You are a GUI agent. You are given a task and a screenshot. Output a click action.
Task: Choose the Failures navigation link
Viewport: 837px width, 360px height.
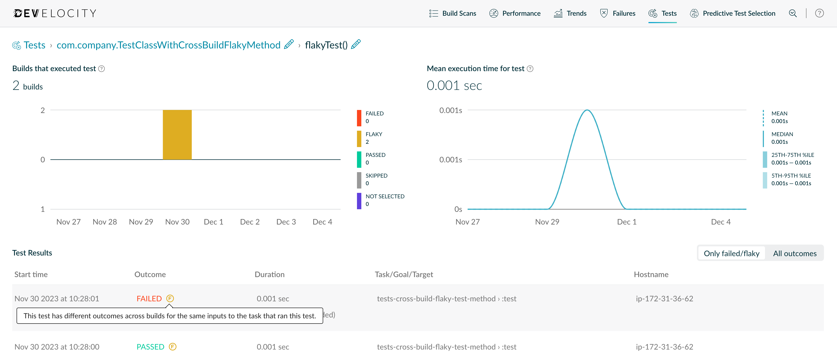[618, 13]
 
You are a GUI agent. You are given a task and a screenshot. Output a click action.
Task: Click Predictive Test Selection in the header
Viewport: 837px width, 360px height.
[733, 13]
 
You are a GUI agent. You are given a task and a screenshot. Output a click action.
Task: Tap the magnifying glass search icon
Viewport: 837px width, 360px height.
[793, 13]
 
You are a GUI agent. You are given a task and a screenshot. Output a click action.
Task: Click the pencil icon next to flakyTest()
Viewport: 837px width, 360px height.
[356, 44]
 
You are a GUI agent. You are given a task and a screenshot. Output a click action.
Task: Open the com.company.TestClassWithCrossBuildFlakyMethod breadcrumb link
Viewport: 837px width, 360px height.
[168, 45]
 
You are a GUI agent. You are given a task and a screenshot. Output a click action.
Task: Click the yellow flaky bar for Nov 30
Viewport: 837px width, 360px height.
[177, 135]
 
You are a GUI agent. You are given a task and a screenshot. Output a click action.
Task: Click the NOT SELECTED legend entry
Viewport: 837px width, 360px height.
[385, 200]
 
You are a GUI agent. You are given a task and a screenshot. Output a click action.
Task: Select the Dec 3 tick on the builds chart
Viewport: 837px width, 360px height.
[286, 222]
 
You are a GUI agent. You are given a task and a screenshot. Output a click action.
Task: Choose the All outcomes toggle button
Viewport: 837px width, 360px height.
[794, 254]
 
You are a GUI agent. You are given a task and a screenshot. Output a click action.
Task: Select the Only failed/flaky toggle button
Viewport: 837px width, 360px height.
[731, 254]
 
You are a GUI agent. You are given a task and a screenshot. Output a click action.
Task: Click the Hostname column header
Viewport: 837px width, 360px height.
[651, 274]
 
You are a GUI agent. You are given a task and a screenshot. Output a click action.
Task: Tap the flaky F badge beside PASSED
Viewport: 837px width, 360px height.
[173, 347]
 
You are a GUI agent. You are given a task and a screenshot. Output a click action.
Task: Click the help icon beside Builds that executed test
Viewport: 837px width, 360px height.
[102, 69]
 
